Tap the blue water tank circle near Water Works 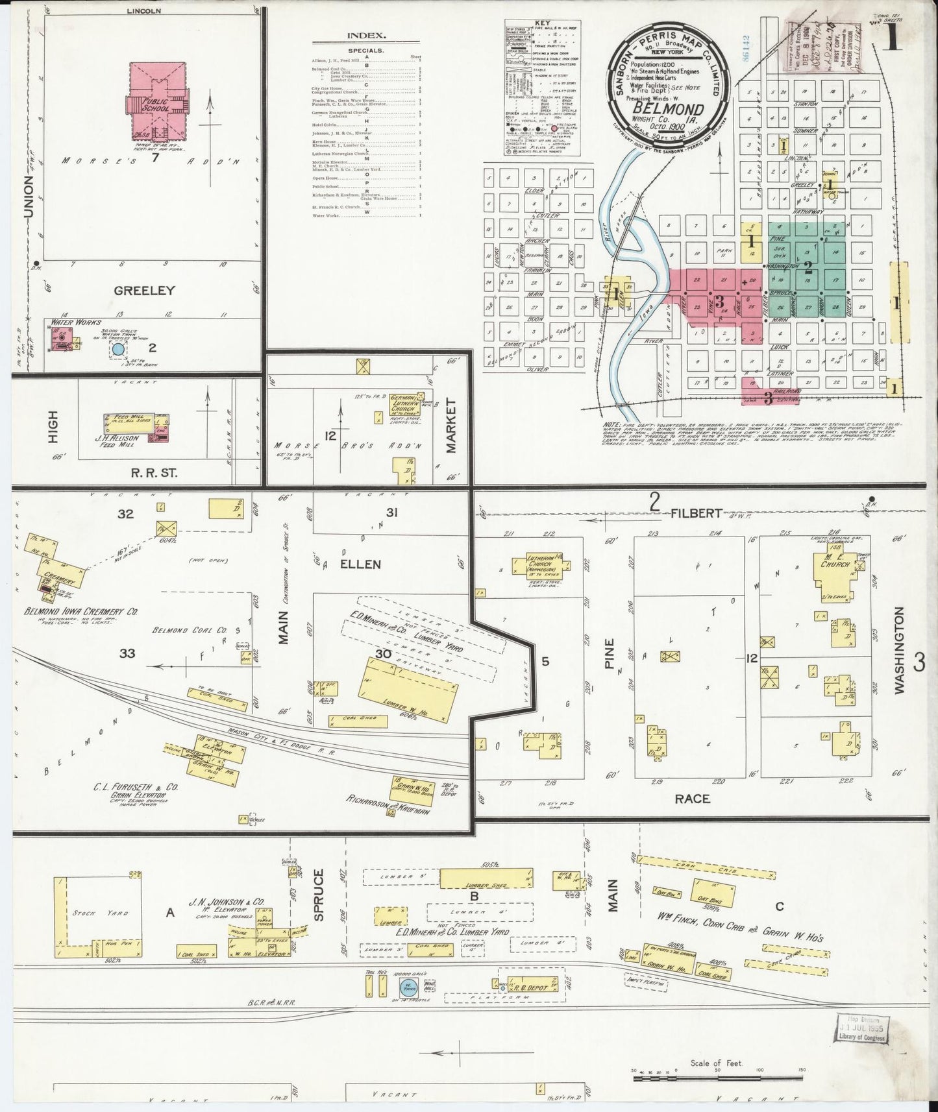point(117,350)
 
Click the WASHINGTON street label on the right point(898,651)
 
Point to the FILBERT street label point(695,513)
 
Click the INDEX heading point(366,36)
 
